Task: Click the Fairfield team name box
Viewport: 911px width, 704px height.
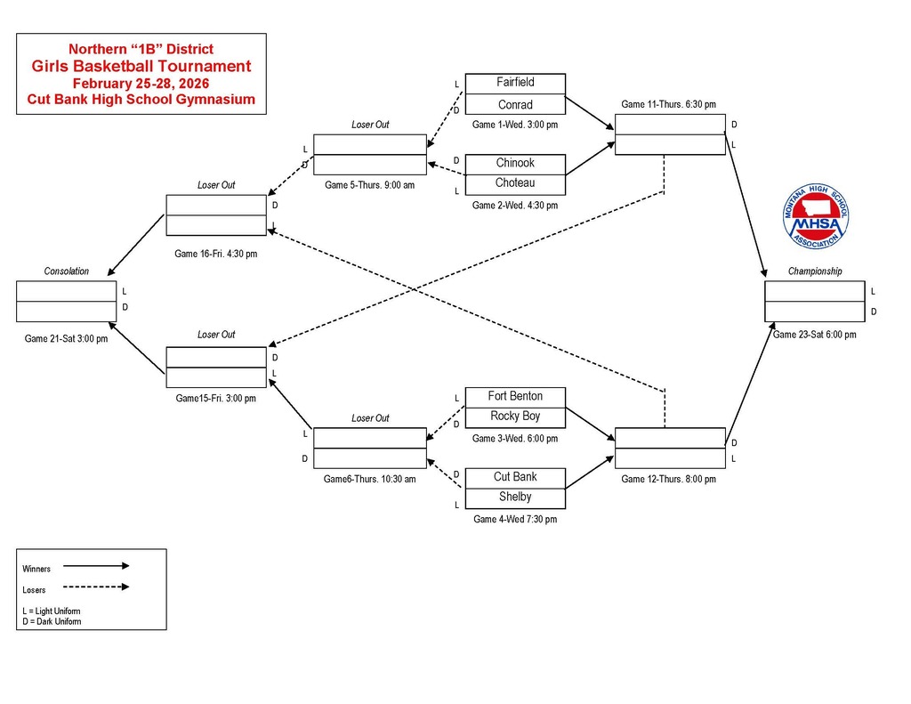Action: pos(515,83)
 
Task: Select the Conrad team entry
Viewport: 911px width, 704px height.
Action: pos(515,104)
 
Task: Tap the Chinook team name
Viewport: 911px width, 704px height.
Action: pos(515,164)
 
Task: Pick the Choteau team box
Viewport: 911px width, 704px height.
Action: pos(515,183)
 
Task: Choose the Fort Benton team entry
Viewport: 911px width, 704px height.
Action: pos(515,396)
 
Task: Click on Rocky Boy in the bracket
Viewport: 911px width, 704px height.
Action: pos(515,417)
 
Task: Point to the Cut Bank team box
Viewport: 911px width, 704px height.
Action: pos(515,477)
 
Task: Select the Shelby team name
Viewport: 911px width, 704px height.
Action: pos(515,497)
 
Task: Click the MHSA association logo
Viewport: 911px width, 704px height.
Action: pos(815,218)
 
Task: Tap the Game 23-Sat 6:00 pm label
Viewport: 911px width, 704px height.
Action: pos(814,335)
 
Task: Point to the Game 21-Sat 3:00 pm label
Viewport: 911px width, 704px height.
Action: pos(66,338)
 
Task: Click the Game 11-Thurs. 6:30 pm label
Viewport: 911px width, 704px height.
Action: pos(668,104)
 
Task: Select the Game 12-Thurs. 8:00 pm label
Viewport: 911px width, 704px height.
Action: pos(668,479)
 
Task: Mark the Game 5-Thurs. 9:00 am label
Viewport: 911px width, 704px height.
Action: pos(369,185)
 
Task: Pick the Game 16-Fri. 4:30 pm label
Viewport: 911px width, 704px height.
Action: pos(215,254)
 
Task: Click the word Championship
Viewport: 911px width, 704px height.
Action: pos(814,271)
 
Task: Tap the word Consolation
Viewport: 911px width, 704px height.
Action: pos(67,271)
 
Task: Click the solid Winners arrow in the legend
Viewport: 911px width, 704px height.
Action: pos(96,565)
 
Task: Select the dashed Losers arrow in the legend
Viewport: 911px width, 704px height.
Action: pos(96,587)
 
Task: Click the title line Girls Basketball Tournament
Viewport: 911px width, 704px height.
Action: pos(141,66)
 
